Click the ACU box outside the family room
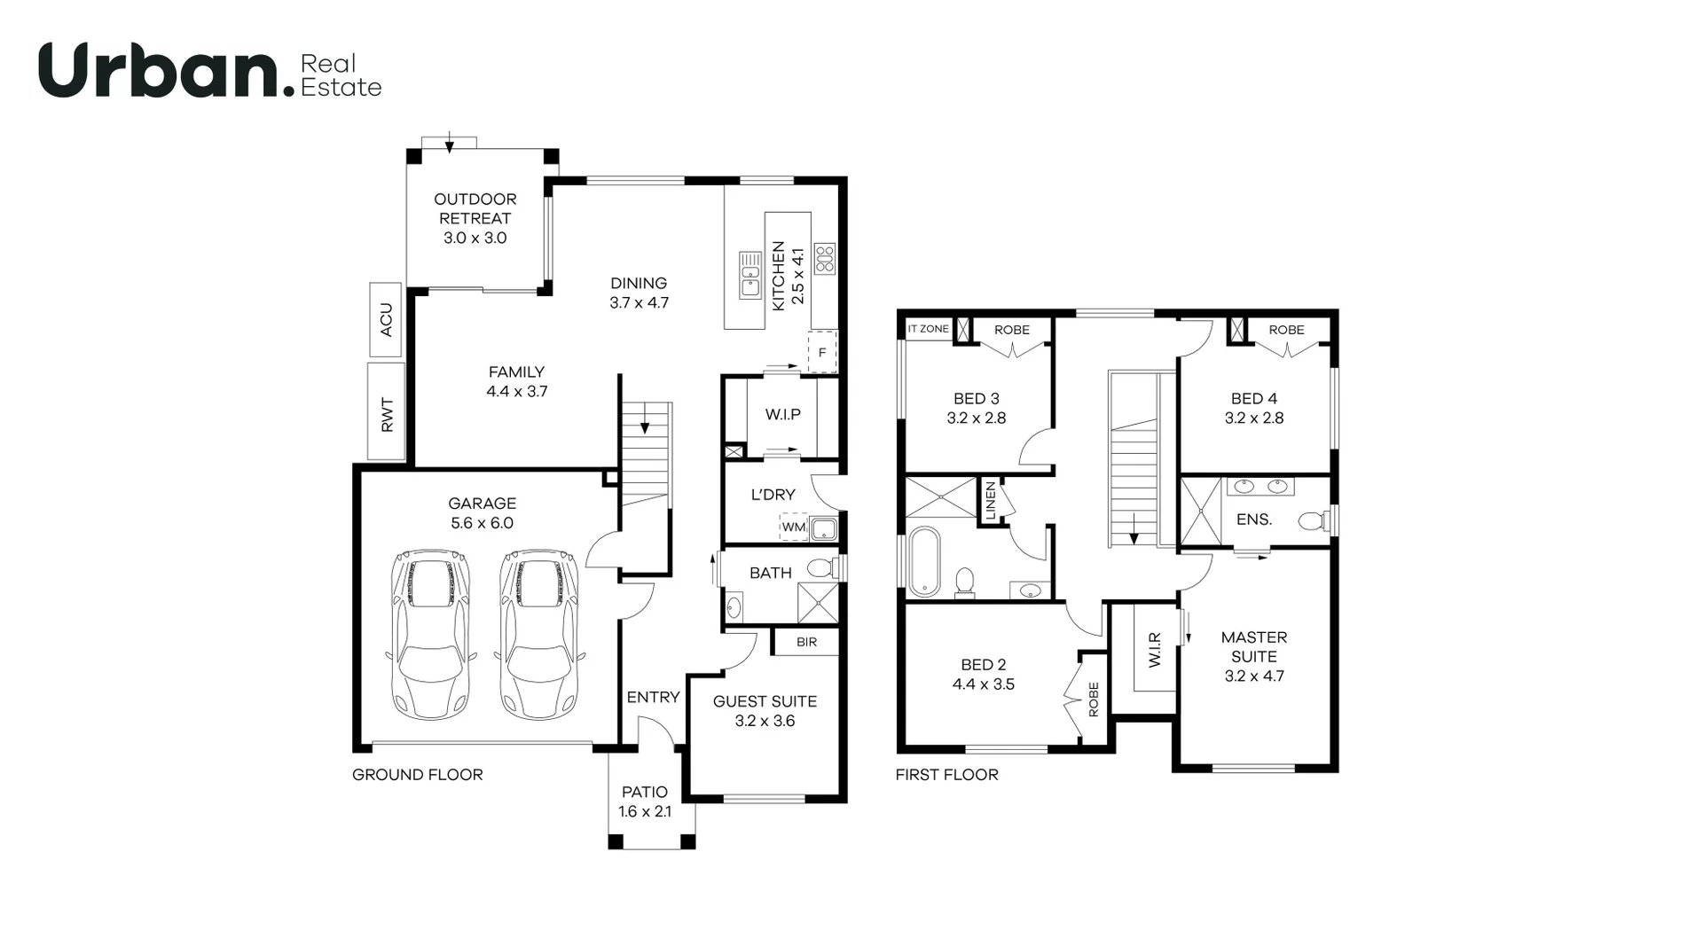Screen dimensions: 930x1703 point(386,319)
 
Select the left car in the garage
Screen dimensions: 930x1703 point(430,633)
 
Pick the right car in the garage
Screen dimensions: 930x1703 point(538,633)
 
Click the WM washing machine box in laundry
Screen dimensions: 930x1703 point(793,527)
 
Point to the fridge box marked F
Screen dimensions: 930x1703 point(822,352)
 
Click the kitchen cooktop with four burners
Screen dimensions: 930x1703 point(825,258)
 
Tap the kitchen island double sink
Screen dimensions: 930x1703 point(750,275)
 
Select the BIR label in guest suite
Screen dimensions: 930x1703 point(806,642)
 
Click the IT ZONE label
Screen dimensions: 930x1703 point(928,329)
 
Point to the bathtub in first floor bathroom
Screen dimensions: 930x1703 point(924,560)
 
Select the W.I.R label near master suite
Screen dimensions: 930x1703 point(1154,649)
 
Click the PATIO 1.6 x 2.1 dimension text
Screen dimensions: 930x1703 point(645,811)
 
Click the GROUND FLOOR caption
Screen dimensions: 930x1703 point(417,775)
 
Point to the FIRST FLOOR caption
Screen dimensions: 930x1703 point(946,775)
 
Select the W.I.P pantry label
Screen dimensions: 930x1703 point(783,414)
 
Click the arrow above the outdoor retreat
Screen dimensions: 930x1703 point(450,142)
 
